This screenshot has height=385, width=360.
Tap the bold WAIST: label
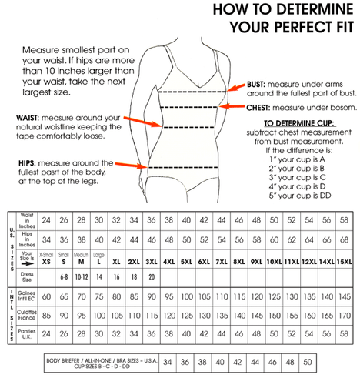(24, 117)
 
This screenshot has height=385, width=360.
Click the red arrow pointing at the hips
(132, 165)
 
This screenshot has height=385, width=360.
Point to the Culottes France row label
(27, 316)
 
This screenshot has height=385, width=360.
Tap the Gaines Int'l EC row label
(27, 296)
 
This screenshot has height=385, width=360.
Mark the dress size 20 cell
(153, 276)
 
